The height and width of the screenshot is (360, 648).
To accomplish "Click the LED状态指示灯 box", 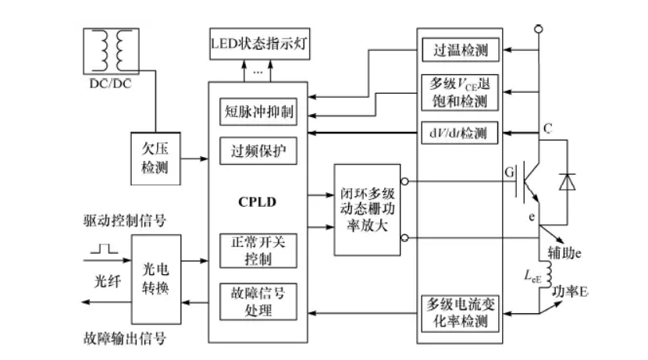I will click(x=260, y=42).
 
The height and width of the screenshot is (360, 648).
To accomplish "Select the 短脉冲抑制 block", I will click(x=257, y=112).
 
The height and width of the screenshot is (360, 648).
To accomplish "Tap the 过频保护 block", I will click(x=257, y=150).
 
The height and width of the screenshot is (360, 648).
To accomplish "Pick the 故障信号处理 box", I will click(x=257, y=300).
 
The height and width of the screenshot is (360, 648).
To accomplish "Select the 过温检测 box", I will click(x=460, y=51).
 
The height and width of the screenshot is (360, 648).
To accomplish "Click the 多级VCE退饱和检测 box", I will click(x=460, y=91).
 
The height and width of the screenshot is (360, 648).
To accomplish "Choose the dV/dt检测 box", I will click(x=460, y=133).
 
